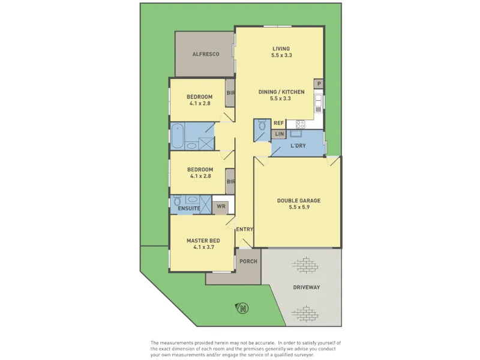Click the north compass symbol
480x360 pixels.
point(242,308)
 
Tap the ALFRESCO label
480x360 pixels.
point(206,54)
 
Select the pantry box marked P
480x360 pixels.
point(319,84)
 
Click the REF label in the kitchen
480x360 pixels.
point(278,123)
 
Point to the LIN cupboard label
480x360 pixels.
point(279,134)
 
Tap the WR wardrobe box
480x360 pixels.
point(221,206)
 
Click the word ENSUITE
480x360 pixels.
point(189,208)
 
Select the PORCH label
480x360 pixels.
point(248,262)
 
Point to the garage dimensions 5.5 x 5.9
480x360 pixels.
point(298,207)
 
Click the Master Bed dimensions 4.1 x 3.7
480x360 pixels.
point(203,247)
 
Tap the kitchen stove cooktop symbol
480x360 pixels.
point(301,124)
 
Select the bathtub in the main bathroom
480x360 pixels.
point(177,136)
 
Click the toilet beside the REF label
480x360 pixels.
point(262,125)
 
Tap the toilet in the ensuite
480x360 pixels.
point(177,202)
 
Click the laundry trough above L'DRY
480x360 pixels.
point(296,133)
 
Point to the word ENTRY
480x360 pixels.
point(245,229)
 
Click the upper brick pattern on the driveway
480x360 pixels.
point(305,265)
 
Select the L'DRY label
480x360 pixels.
point(298,146)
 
